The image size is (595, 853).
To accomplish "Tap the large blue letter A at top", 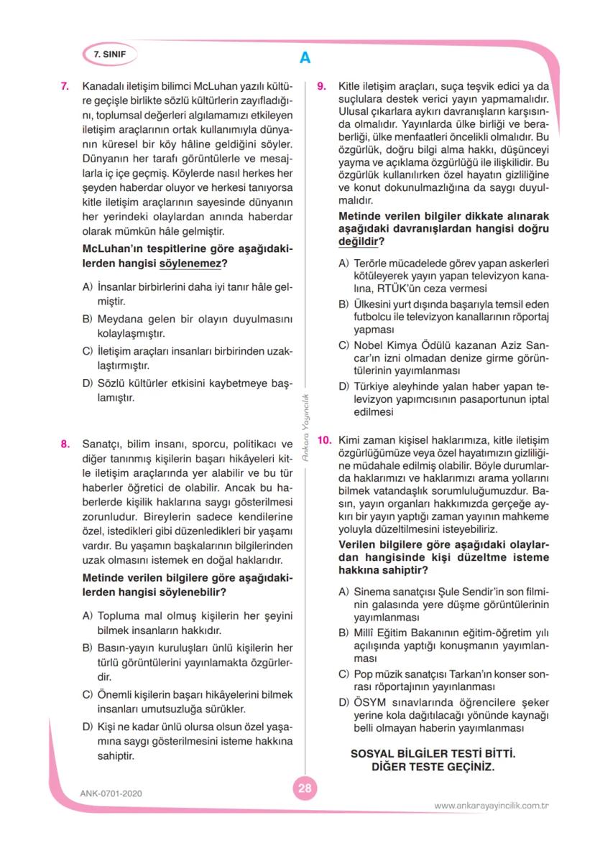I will [305, 58].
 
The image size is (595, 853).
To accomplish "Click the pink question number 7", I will [65, 86].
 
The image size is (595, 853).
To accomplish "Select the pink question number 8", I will [65, 444].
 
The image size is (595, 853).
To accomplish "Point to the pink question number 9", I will [323, 86].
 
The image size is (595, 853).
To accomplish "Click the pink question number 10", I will [324, 439].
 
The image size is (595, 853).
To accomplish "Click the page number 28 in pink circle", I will [304, 788].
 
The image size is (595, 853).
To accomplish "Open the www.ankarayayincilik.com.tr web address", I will [492, 806].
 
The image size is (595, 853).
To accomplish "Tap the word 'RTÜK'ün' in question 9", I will [387, 288].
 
